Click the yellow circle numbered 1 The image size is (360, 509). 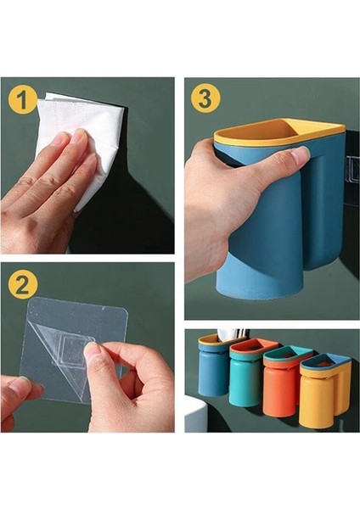[x=22, y=100]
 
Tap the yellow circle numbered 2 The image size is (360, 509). [x=22, y=285]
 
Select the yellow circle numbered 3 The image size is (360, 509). [x=205, y=98]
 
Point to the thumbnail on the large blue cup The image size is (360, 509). [x=300, y=154]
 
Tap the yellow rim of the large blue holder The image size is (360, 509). [x=278, y=134]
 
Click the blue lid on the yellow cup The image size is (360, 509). [x=325, y=363]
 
